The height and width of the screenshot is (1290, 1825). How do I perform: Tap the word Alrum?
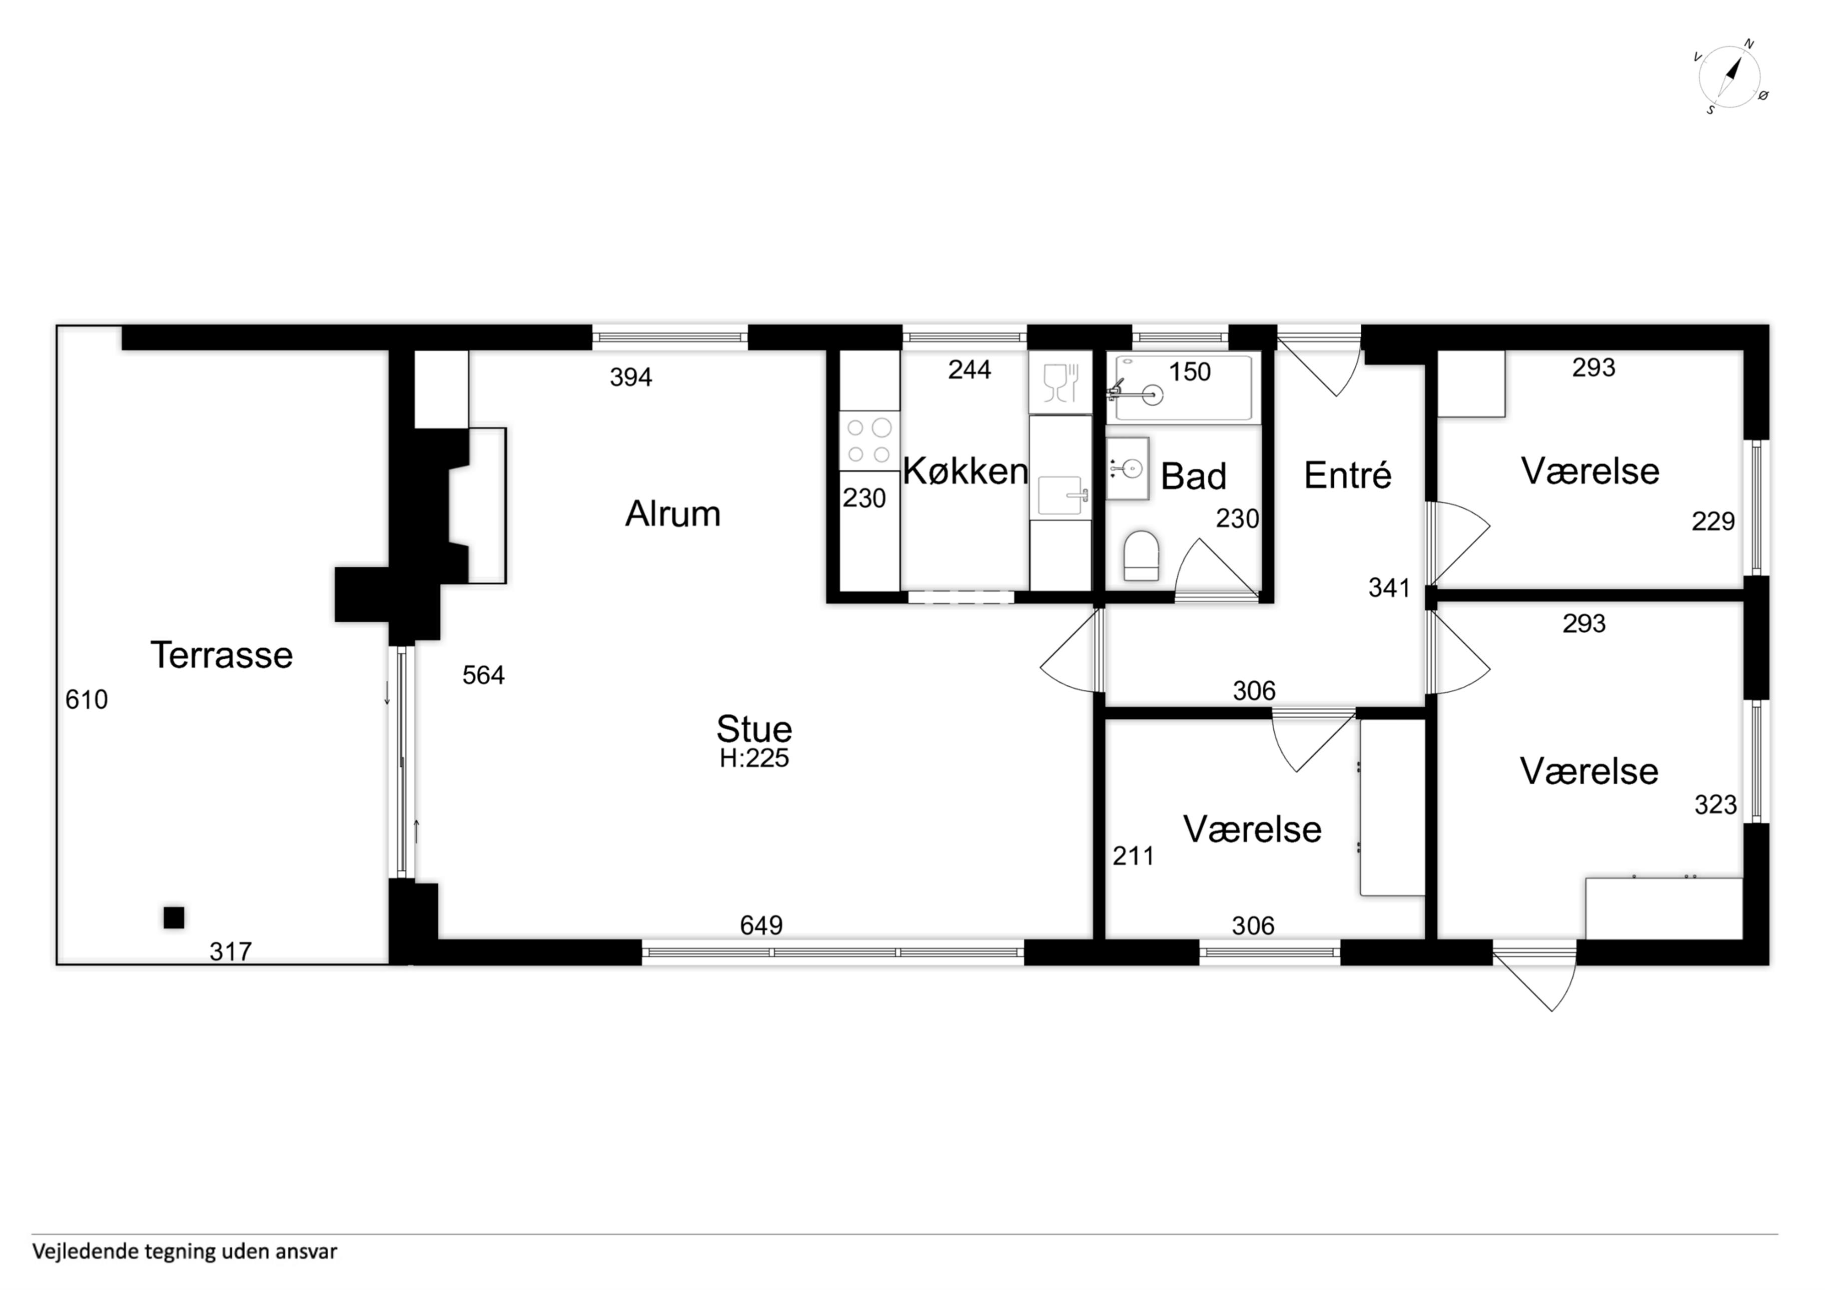point(672,514)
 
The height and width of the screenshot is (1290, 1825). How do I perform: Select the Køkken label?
point(966,471)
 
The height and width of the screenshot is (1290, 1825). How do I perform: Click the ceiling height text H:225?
point(754,758)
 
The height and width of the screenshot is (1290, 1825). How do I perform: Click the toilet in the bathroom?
point(1142,556)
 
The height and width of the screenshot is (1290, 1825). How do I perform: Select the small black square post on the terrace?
point(174,918)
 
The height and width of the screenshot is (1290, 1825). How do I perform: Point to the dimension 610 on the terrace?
point(87,699)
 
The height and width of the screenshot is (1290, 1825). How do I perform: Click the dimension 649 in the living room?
point(761,925)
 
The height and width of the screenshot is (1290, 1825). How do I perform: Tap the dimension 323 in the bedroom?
point(1715,805)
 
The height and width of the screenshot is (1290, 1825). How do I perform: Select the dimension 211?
point(1134,856)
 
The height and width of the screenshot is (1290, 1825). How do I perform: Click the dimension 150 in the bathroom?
point(1190,372)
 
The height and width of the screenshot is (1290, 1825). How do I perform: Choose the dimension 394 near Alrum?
point(631,377)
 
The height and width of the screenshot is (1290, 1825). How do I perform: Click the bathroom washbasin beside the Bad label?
point(1127,469)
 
